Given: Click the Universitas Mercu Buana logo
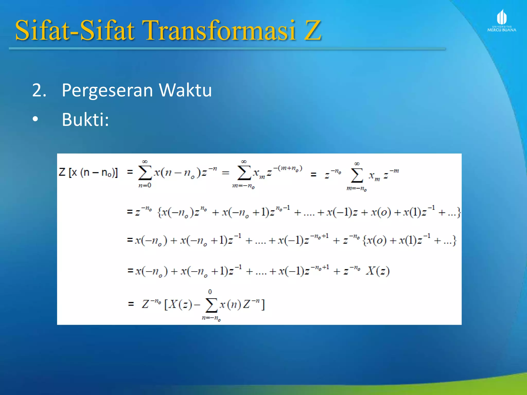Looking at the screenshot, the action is (502, 21).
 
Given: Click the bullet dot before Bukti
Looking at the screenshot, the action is (35, 119).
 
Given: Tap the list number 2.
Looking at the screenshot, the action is (39, 91).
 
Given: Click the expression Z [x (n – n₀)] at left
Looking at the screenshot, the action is (88, 172).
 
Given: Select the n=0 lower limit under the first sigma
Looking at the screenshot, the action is (145, 185).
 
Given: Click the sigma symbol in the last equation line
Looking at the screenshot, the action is (211, 305).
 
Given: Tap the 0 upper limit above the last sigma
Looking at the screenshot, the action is (210, 292).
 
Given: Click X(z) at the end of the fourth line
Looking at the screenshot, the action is (378, 271).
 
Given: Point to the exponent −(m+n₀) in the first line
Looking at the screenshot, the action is (288, 168).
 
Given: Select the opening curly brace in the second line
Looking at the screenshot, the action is (160, 212).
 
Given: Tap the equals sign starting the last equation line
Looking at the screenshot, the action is (131, 304).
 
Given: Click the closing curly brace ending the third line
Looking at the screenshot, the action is (454, 240).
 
